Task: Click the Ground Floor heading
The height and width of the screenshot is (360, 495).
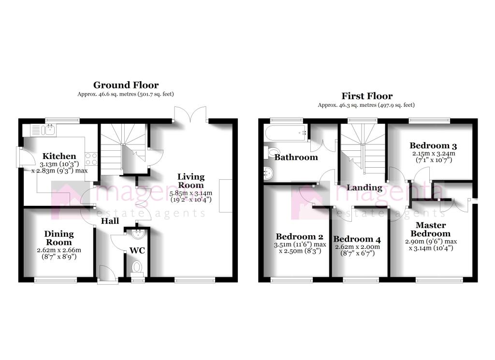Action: (x=126, y=86)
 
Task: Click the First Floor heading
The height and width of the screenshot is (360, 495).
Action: (x=367, y=96)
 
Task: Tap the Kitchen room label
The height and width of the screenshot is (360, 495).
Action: (x=59, y=156)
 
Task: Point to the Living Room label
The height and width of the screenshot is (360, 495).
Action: (x=190, y=181)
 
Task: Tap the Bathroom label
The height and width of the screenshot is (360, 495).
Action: (x=296, y=157)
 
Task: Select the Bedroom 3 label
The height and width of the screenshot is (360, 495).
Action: (x=433, y=145)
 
